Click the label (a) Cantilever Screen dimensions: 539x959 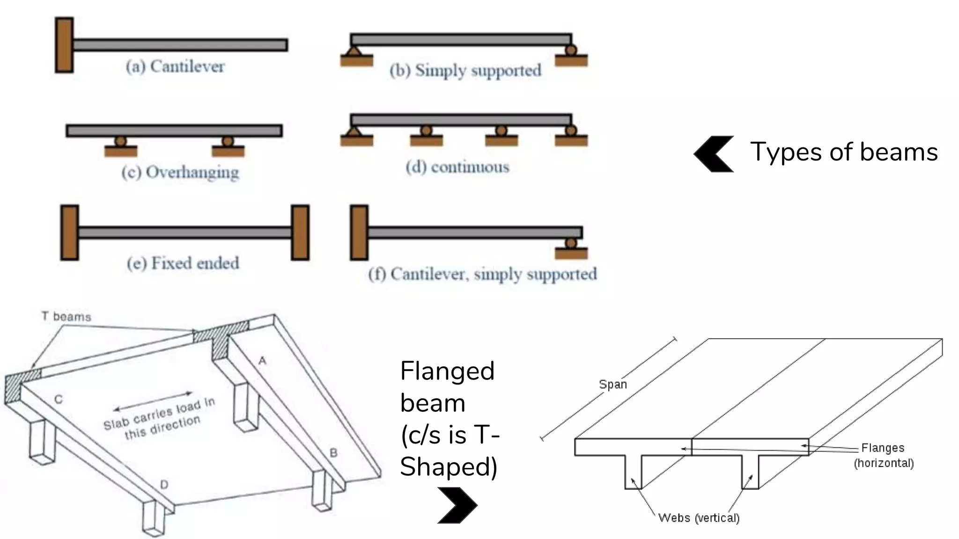click(175, 66)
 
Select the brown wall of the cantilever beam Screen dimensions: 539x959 click(64, 45)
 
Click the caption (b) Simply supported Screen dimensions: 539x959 click(465, 70)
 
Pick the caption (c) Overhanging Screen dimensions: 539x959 click(180, 172)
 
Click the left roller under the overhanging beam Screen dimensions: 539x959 click(121, 141)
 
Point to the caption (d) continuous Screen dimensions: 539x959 click(457, 167)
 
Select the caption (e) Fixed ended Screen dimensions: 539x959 click(183, 263)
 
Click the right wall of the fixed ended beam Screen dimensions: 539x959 click(300, 232)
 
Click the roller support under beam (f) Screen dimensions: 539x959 click(571, 243)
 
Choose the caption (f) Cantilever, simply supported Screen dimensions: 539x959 click(483, 274)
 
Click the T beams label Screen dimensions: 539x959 click(66, 317)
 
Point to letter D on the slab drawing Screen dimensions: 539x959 click(164, 484)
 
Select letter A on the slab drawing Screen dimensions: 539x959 click(262, 360)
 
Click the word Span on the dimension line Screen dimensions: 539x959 click(612, 384)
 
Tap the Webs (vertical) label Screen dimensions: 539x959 click(699, 518)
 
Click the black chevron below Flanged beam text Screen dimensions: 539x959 click(457, 505)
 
